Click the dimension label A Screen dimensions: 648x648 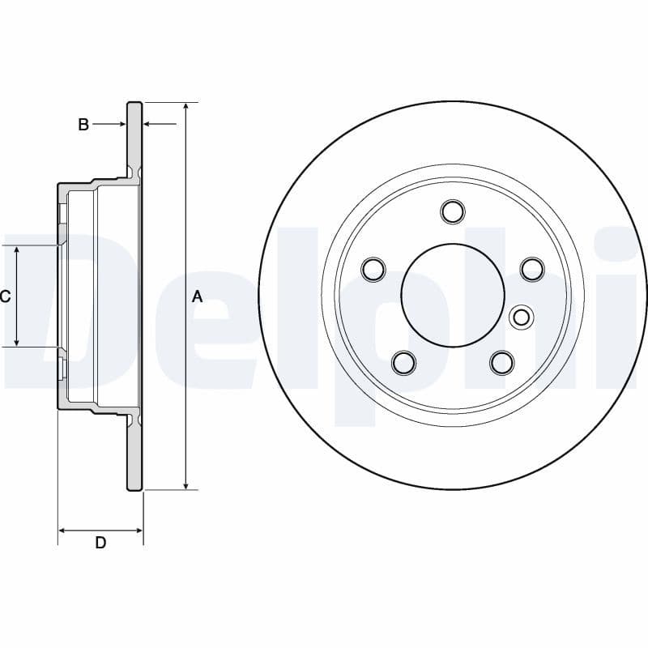pos(197,296)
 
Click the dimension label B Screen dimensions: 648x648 pos(83,125)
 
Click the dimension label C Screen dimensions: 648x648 pos(5,296)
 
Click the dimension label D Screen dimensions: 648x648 pos(100,543)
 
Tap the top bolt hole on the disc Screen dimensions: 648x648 pos(453,212)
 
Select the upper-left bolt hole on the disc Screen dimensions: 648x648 pos(373,269)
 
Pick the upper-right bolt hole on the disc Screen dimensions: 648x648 pos(531,268)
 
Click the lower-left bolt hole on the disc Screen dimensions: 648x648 pos(403,361)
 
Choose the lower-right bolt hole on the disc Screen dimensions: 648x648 pos(502,361)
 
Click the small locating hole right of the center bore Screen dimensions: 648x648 pos(522,318)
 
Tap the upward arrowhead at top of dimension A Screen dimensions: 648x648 pos(187,108)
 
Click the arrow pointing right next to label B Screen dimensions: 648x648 pos(121,125)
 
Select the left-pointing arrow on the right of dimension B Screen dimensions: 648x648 pos(148,125)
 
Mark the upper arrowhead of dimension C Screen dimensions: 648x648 pos(17,250)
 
